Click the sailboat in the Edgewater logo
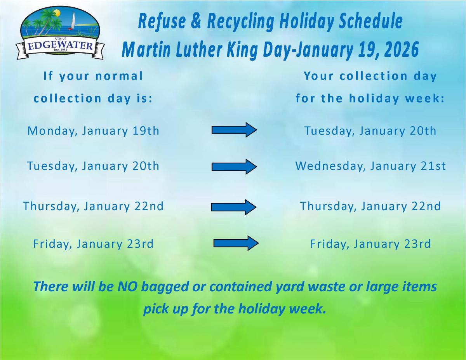click(x=72, y=21)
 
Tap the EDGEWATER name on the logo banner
click(x=60, y=47)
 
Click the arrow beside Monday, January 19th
click(x=234, y=130)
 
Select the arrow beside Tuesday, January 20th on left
click(x=234, y=167)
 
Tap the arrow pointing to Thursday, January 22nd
click(x=234, y=207)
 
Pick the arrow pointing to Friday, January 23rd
click(x=236, y=243)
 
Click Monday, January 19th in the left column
click(x=93, y=131)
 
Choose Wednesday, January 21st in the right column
click(x=370, y=166)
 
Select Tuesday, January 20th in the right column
click(x=370, y=131)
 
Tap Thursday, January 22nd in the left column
click(x=93, y=206)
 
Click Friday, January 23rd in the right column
click(x=370, y=244)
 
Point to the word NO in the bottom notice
click(x=127, y=287)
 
